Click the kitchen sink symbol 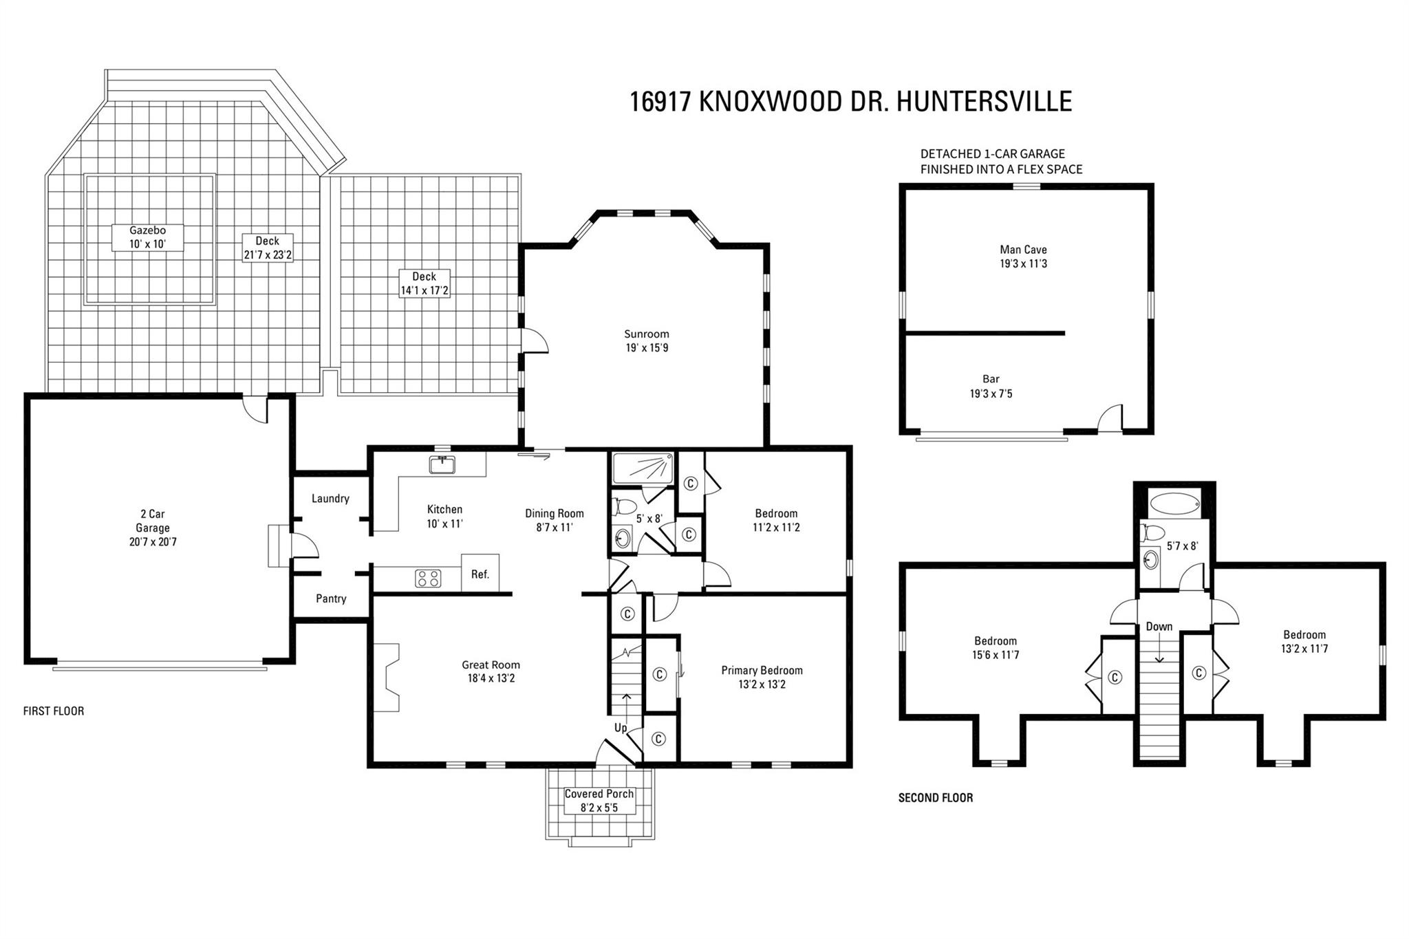coord(442,465)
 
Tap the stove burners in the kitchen coord(428,579)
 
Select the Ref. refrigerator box coord(480,573)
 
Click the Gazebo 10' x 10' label coord(148,237)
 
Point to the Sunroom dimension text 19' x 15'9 coord(647,348)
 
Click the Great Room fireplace coord(387,678)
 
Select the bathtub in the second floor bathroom coord(1174,504)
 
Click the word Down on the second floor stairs coord(1159,627)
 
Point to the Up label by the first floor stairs coord(621,727)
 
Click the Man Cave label coord(1023,250)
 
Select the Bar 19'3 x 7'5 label coord(991,387)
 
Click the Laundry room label coord(330,499)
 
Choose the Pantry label coord(331,598)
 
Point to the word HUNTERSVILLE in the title coord(984,102)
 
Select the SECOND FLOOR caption coord(936,798)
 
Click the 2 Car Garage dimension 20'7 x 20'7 coord(153,542)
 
